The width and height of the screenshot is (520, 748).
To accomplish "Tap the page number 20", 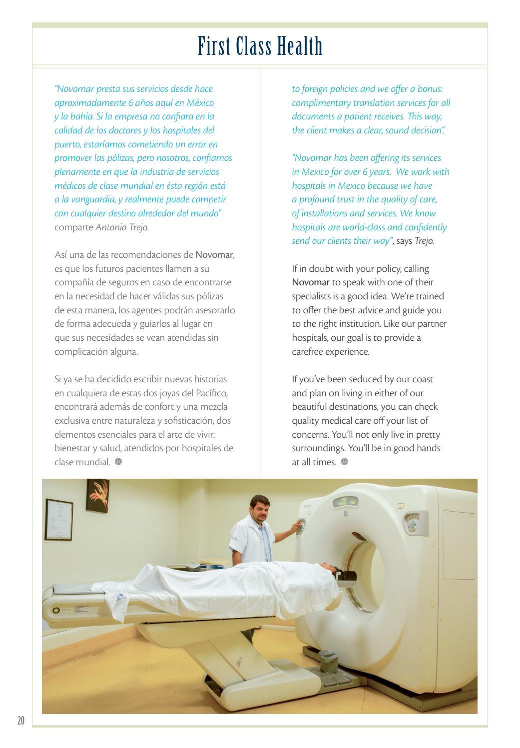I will [20, 721].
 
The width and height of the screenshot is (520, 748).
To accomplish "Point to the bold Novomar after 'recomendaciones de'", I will [214, 255].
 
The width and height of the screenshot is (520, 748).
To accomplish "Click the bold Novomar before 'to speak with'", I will [311, 282].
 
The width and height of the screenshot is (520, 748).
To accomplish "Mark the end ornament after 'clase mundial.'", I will [118, 462].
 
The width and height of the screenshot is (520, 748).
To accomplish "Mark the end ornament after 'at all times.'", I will [344, 462].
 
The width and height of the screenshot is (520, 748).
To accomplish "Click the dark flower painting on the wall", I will [97, 495].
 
